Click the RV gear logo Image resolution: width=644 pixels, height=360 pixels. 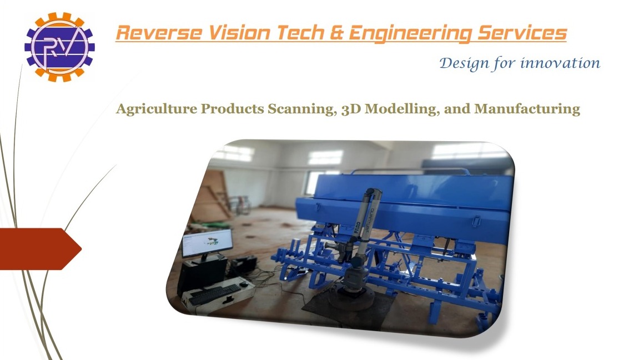click(x=59, y=47)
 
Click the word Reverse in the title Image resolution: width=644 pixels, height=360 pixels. click(x=159, y=33)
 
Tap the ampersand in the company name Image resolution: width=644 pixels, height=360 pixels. click(x=336, y=33)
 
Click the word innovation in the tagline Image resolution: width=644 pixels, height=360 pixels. click(x=560, y=63)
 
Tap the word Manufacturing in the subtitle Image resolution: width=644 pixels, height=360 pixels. click(x=527, y=109)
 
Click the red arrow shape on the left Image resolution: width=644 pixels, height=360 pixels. click(x=40, y=249)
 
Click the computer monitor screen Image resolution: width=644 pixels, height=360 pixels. click(x=207, y=243)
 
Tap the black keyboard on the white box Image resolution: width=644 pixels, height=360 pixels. click(x=214, y=293)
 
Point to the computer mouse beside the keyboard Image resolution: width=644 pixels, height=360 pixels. click(x=244, y=284)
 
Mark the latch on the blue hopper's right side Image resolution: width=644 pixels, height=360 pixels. click(x=476, y=221)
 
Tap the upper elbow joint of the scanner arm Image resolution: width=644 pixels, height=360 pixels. click(x=373, y=194)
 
